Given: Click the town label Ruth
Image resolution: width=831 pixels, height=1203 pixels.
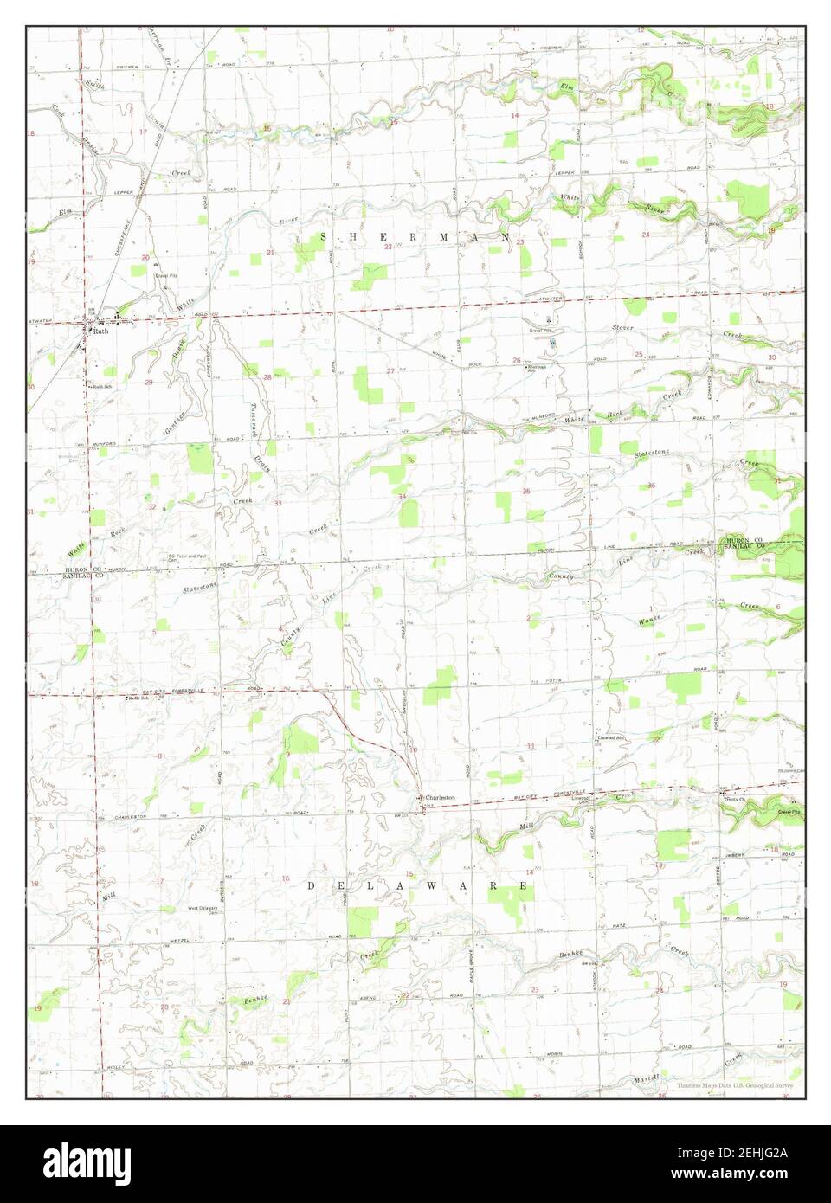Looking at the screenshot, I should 101,331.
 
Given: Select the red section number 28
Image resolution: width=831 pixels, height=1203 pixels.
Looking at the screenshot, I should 267,377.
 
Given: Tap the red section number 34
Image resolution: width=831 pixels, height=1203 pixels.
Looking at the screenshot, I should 403,496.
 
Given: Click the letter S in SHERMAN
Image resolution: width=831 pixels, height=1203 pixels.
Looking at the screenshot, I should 325,235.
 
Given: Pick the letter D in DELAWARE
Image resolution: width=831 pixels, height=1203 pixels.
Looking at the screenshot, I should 312,887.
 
